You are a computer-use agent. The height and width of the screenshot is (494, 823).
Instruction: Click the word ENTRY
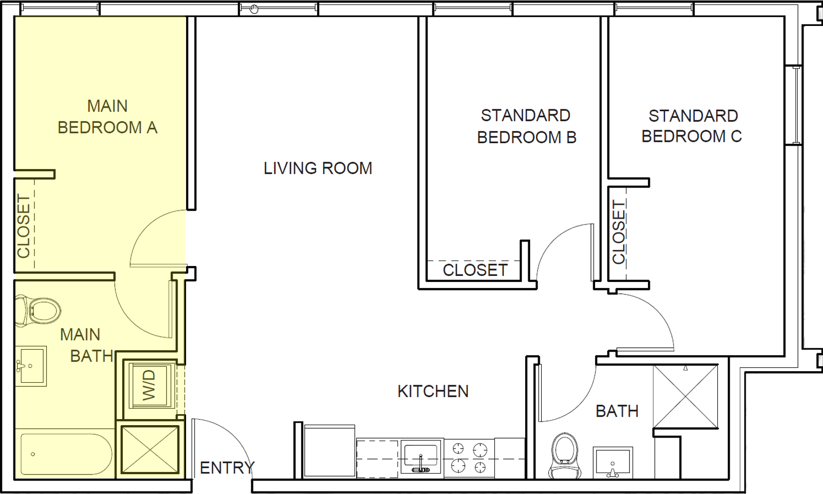coord(227,468)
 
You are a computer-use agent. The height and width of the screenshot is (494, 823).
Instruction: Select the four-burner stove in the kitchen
coord(469,458)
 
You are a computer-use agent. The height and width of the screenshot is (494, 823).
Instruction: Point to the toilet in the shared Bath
coord(565,454)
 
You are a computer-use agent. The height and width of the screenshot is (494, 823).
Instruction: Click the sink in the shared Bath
coord(613,462)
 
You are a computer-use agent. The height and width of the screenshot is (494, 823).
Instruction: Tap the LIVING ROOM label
coord(318,169)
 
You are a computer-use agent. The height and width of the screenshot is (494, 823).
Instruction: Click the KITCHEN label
coord(433,392)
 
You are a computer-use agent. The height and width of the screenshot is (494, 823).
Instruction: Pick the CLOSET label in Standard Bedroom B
coord(475,270)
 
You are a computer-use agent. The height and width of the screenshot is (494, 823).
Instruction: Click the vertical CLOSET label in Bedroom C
coord(618,232)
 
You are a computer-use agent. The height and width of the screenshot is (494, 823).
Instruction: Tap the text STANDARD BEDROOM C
coord(692,126)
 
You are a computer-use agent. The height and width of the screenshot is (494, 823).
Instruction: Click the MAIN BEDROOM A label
coord(107,117)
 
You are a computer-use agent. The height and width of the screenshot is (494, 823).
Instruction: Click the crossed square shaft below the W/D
coord(150,449)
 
